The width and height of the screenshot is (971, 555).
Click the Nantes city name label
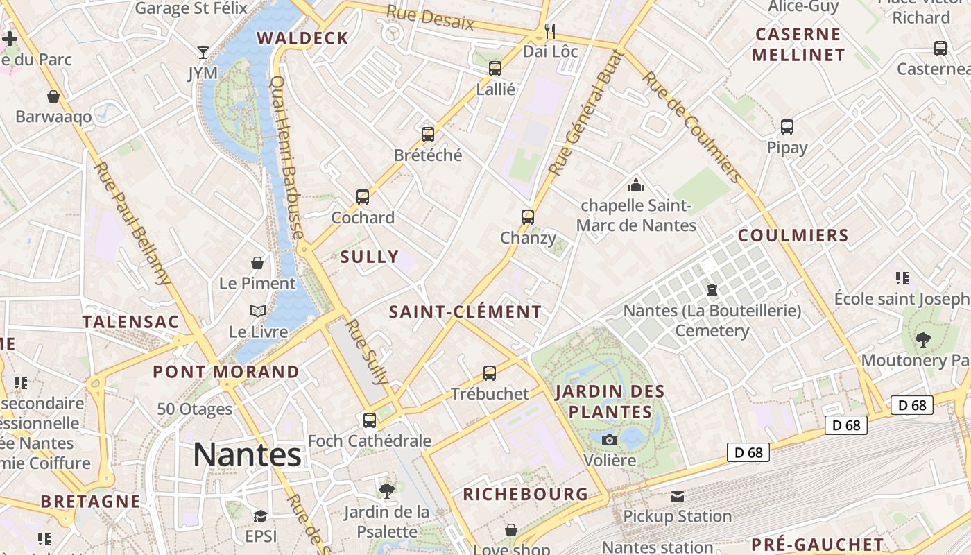point(247,455)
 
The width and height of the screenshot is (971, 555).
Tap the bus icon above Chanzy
point(528,217)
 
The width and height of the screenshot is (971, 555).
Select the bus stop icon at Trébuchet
point(490,373)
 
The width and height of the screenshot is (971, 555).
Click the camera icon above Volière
point(610,440)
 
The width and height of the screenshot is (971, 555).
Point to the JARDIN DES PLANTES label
point(610,402)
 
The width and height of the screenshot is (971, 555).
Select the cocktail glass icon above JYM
point(203,53)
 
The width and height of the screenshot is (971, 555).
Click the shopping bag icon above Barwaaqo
point(53,96)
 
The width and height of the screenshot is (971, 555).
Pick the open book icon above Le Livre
point(258,311)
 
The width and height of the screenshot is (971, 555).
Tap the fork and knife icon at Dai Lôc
point(550,31)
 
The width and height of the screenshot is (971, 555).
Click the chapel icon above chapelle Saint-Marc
point(635,185)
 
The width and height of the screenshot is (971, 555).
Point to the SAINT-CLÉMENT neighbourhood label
point(465,312)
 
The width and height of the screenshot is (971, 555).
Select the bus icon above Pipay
point(787,127)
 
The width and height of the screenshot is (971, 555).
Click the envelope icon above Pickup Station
point(677,496)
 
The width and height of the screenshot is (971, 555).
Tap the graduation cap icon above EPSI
point(260,516)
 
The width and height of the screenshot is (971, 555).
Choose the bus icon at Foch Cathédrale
point(370,420)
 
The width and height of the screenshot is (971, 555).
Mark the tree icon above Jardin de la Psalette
point(387,491)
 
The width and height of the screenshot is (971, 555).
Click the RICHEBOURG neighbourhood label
point(525,495)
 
